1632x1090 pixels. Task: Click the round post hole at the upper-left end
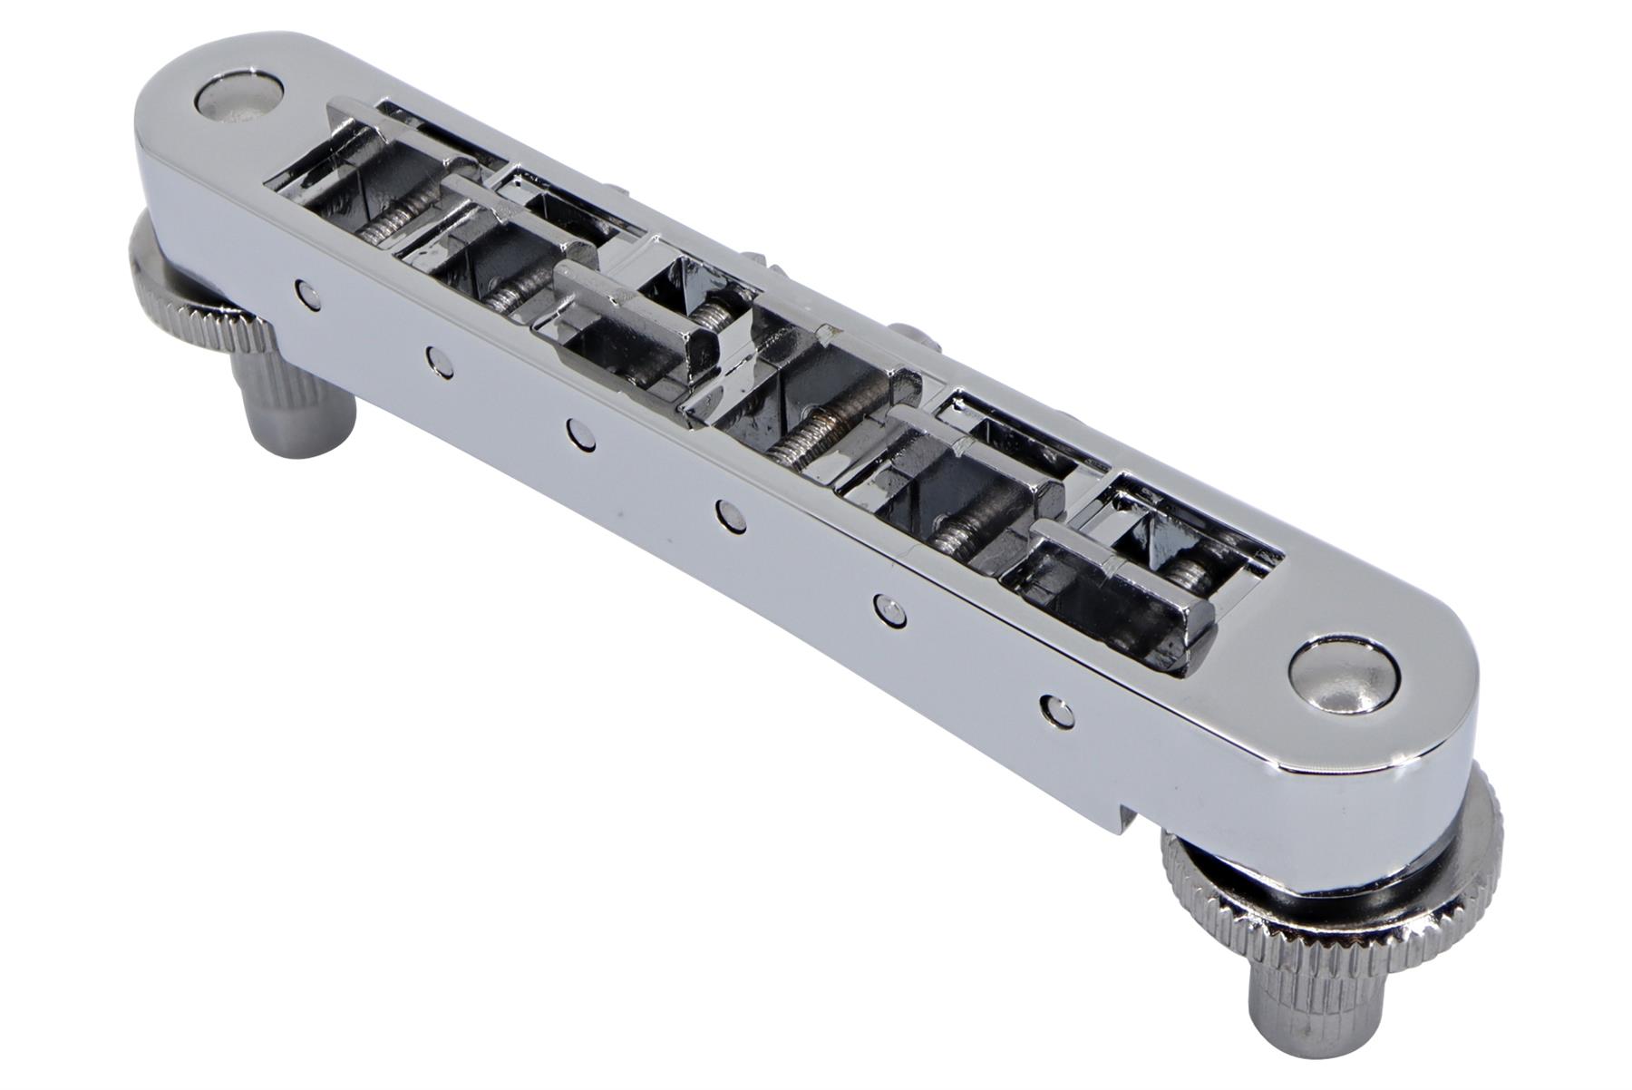pyautogui.click(x=239, y=96)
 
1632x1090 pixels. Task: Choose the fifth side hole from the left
pyautogui.click(x=889, y=607)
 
